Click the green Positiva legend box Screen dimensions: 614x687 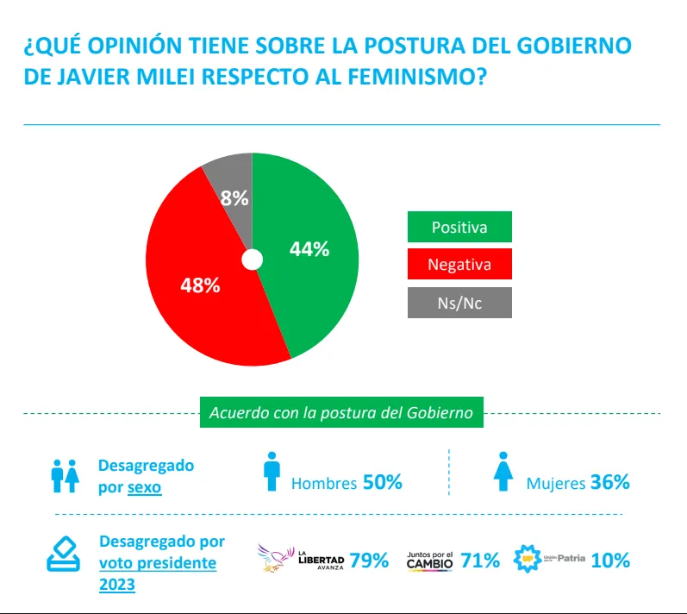459,228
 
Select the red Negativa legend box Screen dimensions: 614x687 459,265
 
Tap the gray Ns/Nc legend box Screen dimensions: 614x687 459,303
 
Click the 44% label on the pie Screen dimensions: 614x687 309,249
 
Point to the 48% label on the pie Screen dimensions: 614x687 200,285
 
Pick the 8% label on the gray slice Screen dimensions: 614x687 234,197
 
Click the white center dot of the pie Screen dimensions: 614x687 252,260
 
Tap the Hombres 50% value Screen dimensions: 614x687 382,482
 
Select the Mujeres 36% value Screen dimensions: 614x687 609,482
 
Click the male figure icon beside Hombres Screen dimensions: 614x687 272,472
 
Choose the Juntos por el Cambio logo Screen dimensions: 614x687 429,560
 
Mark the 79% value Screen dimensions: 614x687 369,561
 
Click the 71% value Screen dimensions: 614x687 480,561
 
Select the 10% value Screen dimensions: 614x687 610,561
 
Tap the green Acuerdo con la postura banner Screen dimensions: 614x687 341,412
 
